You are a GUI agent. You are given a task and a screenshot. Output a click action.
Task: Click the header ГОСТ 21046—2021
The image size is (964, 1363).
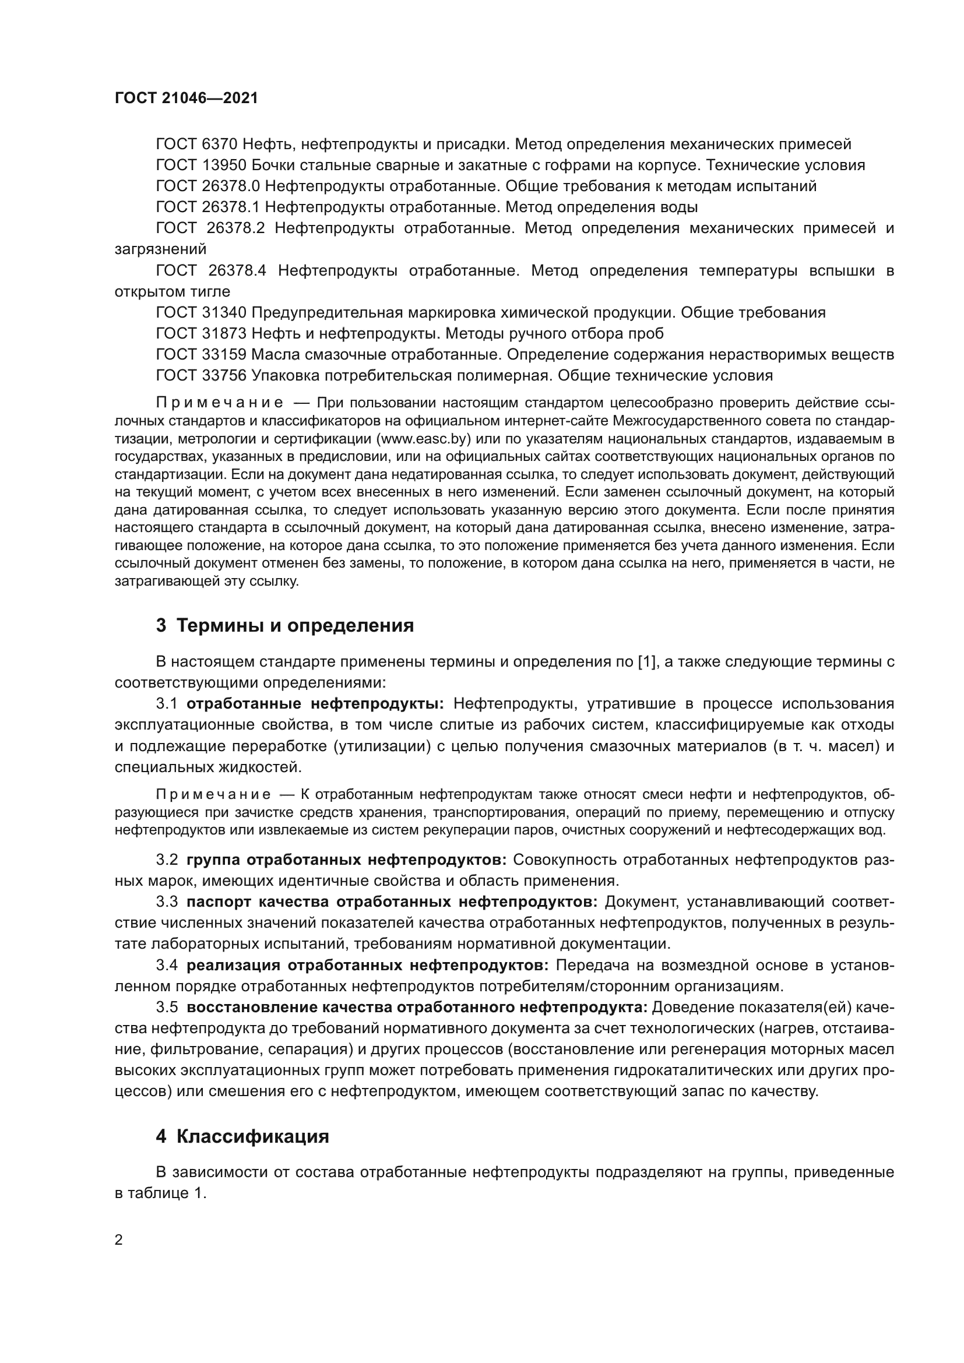(x=187, y=98)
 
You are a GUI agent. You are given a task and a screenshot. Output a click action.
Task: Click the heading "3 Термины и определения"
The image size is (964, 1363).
(x=285, y=626)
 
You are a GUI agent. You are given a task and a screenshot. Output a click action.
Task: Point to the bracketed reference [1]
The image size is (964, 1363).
(x=647, y=662)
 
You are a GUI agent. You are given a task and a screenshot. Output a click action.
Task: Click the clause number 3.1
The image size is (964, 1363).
(x=167, y=704)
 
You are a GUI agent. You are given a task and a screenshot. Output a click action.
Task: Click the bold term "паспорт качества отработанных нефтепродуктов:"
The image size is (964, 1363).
(x=392, y=901)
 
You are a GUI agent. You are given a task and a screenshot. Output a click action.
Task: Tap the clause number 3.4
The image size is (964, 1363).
(x=167, y=965)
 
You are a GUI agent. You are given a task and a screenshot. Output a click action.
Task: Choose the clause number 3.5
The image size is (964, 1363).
(x=167, y=1008)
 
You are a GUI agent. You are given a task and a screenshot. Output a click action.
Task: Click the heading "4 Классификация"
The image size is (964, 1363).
(x=242, y=1136)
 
